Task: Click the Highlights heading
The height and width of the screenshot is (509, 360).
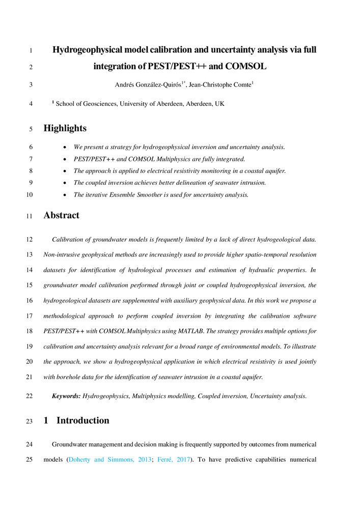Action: [x=65, y=128]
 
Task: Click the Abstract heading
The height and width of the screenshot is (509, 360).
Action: [x=61, y=215]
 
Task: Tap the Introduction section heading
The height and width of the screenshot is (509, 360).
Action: [x=82, y=420]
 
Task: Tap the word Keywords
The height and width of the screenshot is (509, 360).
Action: [x=66, y=395]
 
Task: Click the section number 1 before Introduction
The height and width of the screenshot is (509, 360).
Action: [x=46, y=420]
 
